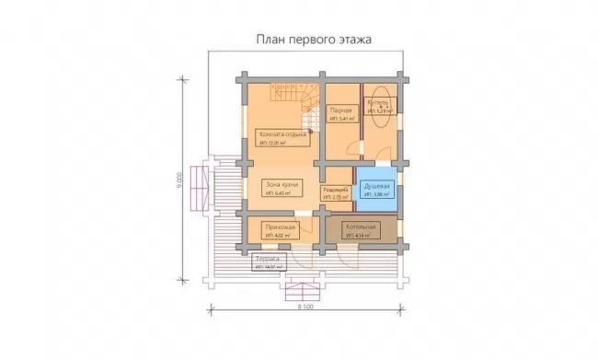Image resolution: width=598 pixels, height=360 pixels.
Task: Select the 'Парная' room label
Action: tap(341, 110)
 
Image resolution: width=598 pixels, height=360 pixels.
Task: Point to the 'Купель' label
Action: tap(378, 103)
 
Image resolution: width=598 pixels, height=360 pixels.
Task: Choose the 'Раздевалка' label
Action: tap(335, 188)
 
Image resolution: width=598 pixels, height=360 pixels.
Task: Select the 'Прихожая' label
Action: tap(279, 226)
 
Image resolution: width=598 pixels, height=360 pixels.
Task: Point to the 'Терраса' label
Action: tap(267, 260)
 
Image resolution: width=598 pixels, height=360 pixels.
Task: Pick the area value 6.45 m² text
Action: tap(279, 194)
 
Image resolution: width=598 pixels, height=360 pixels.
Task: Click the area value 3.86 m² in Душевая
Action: tap(377, 195)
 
